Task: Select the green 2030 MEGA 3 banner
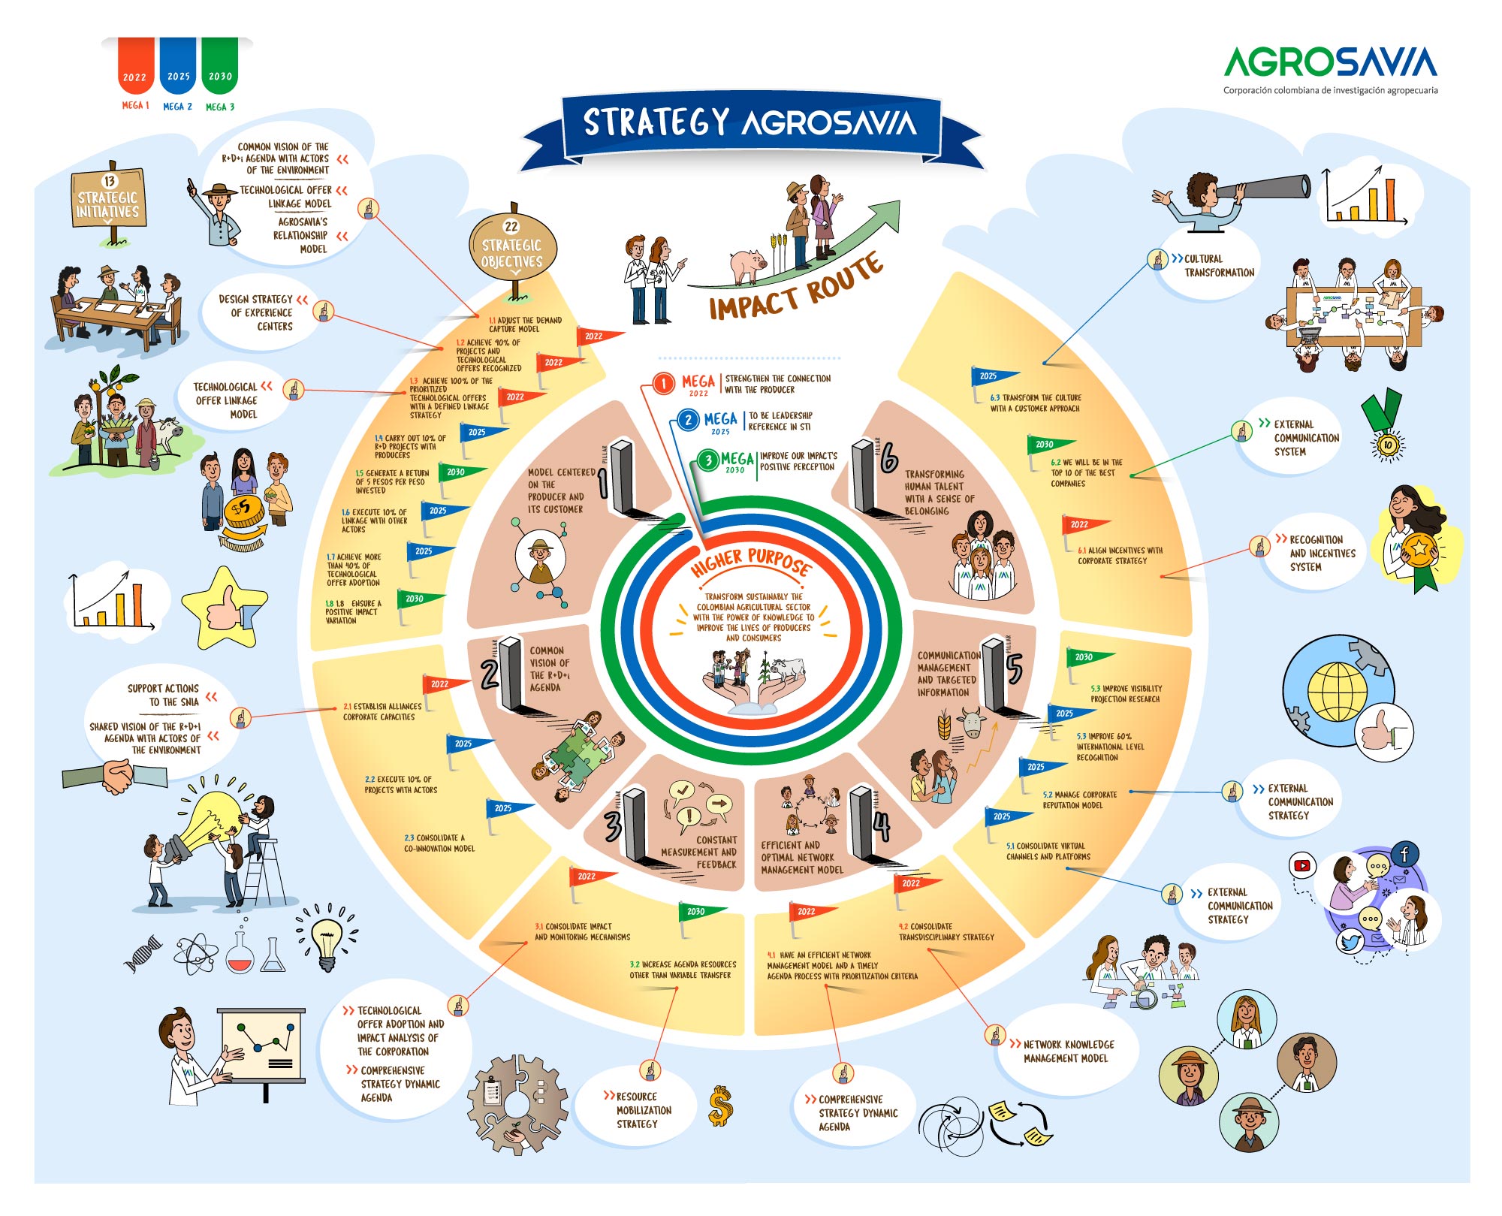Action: coord(220,66)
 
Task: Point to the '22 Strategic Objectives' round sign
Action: coord(511,249)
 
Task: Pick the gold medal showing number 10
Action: coord(1386,445)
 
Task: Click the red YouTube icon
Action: coord(1301,865)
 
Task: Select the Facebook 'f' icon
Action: coord(1404,853)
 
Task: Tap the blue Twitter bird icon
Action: coord(1349,942)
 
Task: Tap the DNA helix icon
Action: coord(143,954)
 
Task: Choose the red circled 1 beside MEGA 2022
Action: coord(663,384)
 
